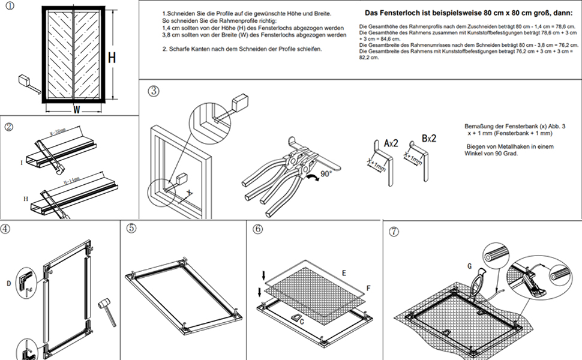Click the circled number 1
pyautogui.click(x=11, y=7)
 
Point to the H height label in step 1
pyautogui.click(x=112, y=58)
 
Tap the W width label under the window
pyautogui.click(x=76, y=110)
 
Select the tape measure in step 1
pyautogui.click(x=26, y=80)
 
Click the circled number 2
pyautogui.click(x=9, y=127)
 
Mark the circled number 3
pyautogui.click(x=154, y=91)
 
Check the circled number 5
pyautogui.click(x=131, y=229)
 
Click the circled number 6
pyautogui.click(x=257, y=229)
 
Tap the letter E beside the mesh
pyautogui.click(x=344, y=273)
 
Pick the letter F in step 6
pyautogui.click(x=368, y=289)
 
